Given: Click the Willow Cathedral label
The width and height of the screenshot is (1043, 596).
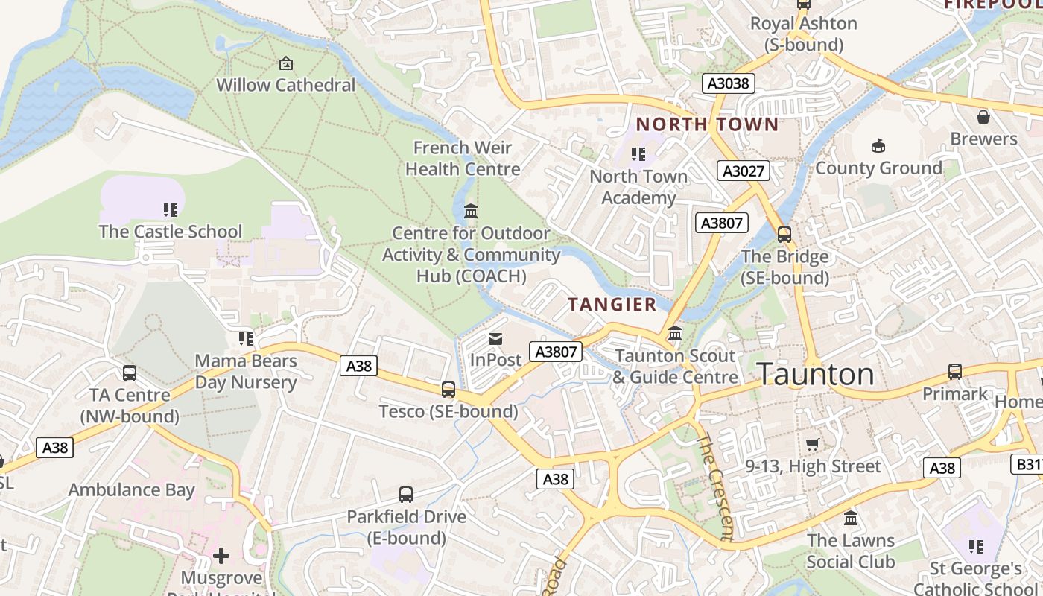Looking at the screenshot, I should click(x=286, y=85).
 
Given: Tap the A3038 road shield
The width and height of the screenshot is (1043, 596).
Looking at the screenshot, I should click(x=728, y=83).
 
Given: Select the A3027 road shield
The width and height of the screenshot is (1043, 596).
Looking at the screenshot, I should click(x=744, y=171).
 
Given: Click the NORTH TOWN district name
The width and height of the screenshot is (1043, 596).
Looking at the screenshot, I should click(x=706, y=124).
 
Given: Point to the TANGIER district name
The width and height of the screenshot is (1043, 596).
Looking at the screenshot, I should click(x=612, y=304).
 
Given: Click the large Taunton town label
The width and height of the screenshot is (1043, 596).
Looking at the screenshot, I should click(x=815, y=374).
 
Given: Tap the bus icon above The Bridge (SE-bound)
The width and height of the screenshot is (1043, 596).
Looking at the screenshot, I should click(x=784, y=235).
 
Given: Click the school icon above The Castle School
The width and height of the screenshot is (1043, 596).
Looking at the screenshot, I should click(x=171, y=210).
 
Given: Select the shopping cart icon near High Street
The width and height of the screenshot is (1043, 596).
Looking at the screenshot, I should click(x=813, y=445).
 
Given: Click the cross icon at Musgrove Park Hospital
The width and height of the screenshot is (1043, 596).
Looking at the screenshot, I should click(x=221, y=556).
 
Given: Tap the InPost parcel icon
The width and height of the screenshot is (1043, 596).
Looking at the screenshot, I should click(x=495, y=339).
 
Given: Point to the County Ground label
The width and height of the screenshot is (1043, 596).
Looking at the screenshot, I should click(x=878, y=168).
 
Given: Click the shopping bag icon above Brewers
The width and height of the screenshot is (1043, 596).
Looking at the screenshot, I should click(x=983, y=117).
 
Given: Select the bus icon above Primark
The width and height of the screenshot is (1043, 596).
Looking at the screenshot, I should click(x=955, y=372).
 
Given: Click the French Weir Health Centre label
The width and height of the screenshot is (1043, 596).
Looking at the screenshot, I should click(x=463, y=158).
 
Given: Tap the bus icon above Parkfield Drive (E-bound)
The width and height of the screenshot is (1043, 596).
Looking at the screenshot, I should click(x=406, y=495).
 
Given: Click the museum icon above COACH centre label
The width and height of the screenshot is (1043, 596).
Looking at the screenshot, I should click(x=471, y=212).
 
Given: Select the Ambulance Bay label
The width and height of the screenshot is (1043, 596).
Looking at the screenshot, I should click(x=131, y=489).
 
